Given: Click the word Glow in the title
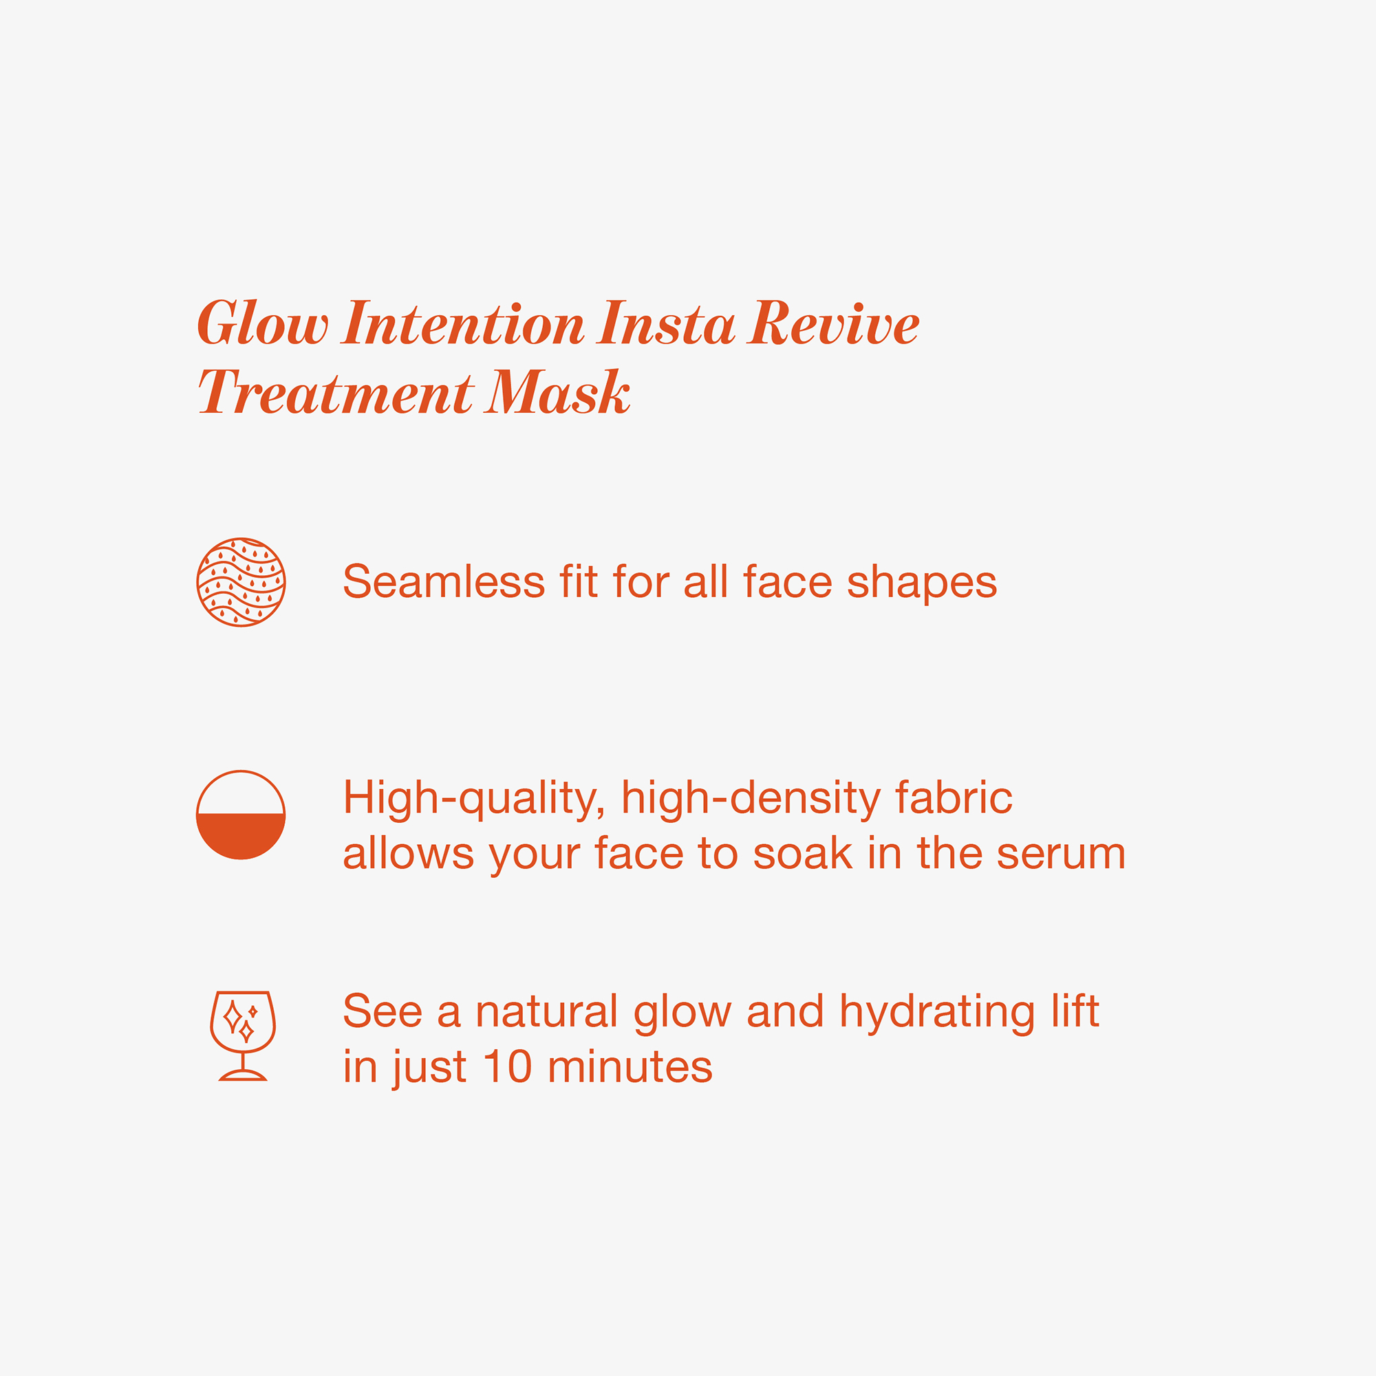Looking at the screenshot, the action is tap(263, 323).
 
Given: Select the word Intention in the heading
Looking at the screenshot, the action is tap(463, 323).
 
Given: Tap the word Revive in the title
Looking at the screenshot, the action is tap(832, 323).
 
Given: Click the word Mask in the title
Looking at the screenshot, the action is tap(558, 392).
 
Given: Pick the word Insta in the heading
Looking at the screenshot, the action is tap(667, 323).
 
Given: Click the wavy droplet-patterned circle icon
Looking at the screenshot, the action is tap(241, 582).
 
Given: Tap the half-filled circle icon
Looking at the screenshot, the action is tap(241, 815).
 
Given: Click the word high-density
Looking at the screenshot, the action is tap(751, 799).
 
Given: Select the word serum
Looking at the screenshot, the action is tap(1060, 854).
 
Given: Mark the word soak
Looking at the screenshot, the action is tap(803, 853).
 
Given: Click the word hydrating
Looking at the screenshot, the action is tap(937, 1014).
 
